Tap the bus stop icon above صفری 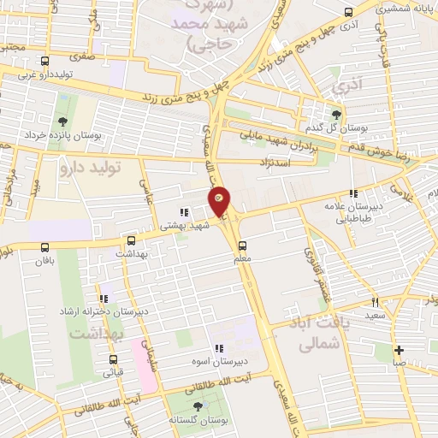pos(44,61)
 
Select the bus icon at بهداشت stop pos(131,241)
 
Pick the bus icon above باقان pos(44,247)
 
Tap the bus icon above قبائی pos(108,359)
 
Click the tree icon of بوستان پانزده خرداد pos(61,121)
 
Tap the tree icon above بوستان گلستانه pos(199,406)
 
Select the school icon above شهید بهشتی pos(183,212)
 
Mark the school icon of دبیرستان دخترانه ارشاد pos(104,299)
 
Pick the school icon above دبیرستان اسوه pos(219,348)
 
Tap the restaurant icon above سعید pos(375,302)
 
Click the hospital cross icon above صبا pos(399,349)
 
